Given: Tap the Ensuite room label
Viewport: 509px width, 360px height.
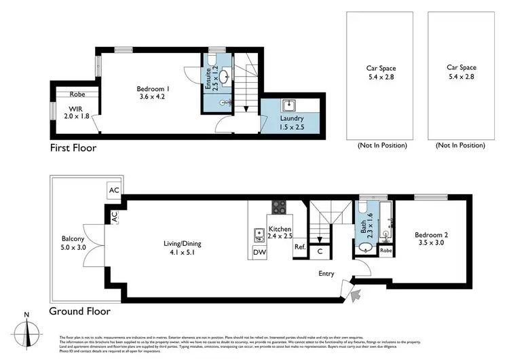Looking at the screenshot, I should (x=208, y=80).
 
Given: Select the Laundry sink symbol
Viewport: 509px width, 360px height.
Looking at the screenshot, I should (x=288, y=105).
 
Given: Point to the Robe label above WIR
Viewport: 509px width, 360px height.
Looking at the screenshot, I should (x=76, y=94).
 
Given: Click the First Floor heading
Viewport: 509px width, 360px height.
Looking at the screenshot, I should (x=73, y=147).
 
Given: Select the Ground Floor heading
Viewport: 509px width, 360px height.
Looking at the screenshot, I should (x=79, y=312).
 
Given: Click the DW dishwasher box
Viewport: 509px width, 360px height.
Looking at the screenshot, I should (x=259, y=253).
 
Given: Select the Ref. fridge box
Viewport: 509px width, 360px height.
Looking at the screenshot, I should (x=300, y=247).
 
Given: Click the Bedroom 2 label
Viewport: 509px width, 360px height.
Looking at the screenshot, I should (x=432, y=238).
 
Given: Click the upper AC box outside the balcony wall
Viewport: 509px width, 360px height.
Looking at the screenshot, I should (x=113, y=191).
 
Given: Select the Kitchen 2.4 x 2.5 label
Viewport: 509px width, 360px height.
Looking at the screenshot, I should (x=280, y=233).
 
